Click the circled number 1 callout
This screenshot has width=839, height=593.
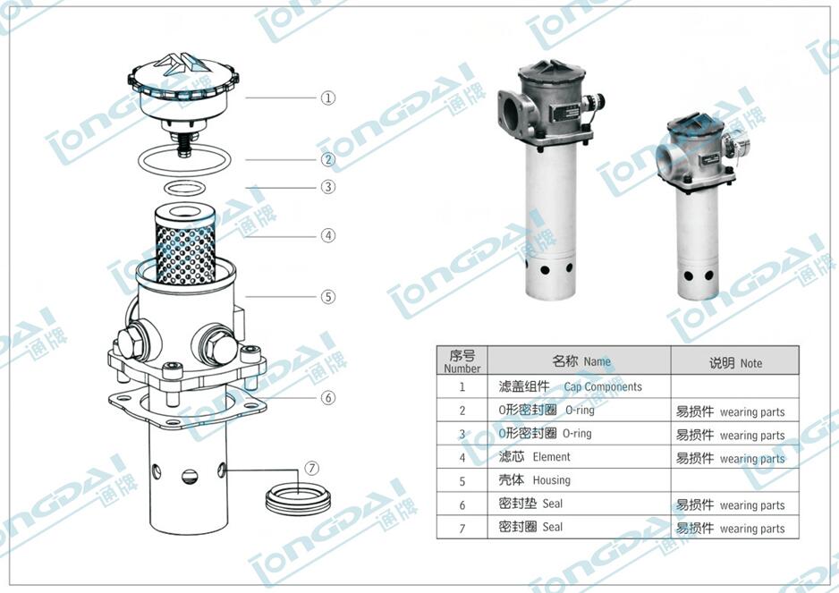[x=328, y=97]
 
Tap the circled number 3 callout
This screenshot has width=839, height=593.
[x=328, y=187]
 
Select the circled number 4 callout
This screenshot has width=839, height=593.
[x=328, y=236]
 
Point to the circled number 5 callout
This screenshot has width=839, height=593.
[x=328, y=296]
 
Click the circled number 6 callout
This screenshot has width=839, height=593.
[x=328, y=397]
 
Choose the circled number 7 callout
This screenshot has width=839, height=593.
[x=311, y=468]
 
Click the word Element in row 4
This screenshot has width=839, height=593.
[x=551, y=457]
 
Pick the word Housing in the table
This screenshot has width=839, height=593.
[x=551, y=480]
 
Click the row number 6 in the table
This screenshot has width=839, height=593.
[x=462, y=504]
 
